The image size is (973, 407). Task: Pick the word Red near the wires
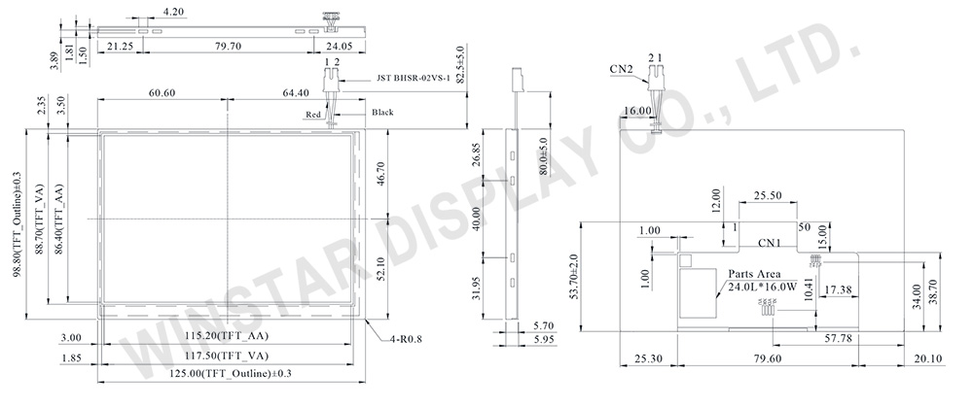point(313,115)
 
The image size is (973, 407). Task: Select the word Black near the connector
point(382,113)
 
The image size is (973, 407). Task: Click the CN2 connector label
point(621,69)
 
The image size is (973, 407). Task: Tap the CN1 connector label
point(770,242)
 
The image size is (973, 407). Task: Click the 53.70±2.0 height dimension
point(586,277)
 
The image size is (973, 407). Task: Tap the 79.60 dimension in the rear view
point(766,357)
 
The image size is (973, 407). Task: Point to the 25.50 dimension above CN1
point(768,195)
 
